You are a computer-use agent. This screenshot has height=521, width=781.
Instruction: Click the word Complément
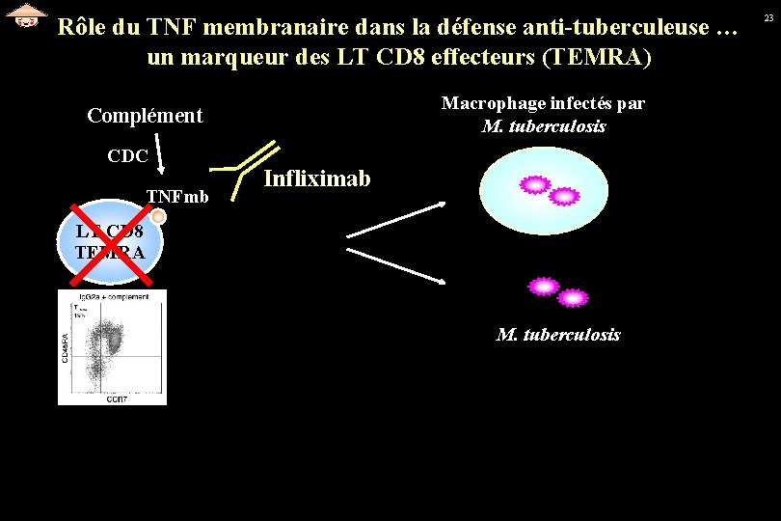click(145, 116)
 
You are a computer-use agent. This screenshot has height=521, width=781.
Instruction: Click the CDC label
click(127, 155)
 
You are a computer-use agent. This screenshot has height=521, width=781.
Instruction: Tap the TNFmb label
click(176, 197)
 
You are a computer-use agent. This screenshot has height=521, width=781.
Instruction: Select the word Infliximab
click(316, 178)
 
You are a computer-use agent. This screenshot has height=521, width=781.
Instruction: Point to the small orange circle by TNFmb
click(159, 217)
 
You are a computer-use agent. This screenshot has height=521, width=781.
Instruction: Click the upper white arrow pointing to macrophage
click(395, 219)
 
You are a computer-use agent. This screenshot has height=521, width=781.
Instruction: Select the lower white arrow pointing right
click(395, 265)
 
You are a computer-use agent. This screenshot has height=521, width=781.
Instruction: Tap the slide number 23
click(768, 18)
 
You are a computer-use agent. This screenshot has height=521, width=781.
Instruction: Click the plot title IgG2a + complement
click(114, 296)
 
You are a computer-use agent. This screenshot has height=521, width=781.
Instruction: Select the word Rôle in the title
click(81, 27)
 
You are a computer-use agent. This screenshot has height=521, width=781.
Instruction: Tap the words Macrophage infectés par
click(543, 103)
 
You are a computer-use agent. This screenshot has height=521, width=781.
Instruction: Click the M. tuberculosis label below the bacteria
click(558, 335)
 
